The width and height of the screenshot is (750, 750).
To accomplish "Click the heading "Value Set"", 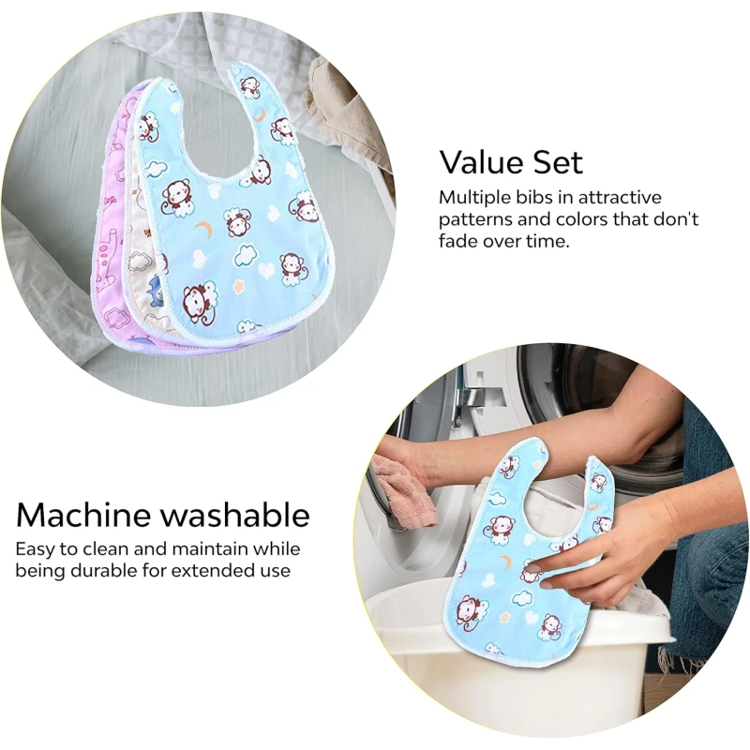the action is (511, 162).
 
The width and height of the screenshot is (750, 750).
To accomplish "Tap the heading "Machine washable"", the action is (162, 515).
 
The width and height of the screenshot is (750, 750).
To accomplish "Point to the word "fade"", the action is (457, 241).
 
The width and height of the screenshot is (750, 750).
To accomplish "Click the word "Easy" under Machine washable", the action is (36, 549).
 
